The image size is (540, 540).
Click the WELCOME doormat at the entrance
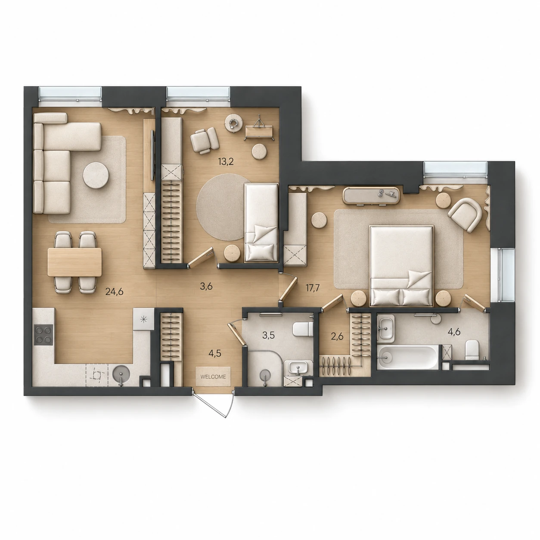point(213,376)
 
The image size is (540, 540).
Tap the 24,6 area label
point(115,292)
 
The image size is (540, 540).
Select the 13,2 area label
point(226,161)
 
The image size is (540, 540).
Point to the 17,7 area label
point(313,288)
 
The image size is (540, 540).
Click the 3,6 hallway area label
point(206,286)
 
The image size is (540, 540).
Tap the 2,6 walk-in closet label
point(337,336)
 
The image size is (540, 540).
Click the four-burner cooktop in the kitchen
point(43,335)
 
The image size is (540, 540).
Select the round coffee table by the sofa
point(96,175)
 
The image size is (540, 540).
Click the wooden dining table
point(74,262)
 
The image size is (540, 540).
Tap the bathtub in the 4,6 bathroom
point(408,357)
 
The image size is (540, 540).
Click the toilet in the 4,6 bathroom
point(472,350)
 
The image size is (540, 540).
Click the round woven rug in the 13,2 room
point(221,207)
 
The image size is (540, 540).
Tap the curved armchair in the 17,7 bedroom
point(465,214)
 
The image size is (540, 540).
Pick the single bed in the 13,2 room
point(261,223)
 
